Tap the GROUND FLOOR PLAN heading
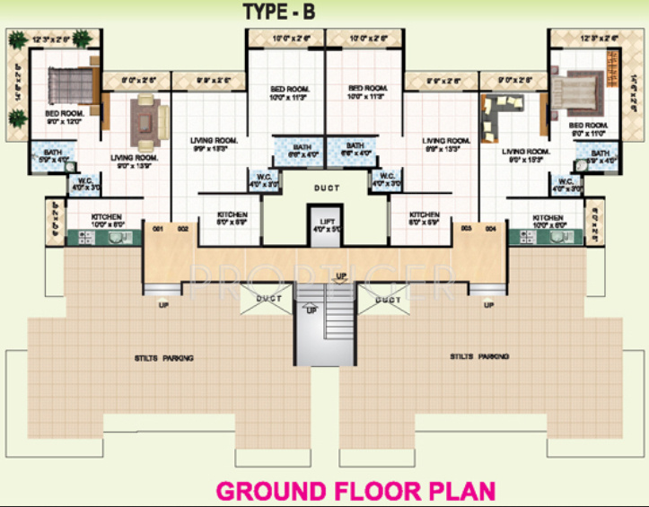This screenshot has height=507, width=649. (356, 491)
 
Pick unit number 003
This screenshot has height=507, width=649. (467, 229)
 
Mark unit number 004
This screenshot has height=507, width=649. (491, 229)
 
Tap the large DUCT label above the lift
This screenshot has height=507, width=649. (326, 188)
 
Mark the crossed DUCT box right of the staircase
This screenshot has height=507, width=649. (388, 301)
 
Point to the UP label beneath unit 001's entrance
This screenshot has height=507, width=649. (162, 305)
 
